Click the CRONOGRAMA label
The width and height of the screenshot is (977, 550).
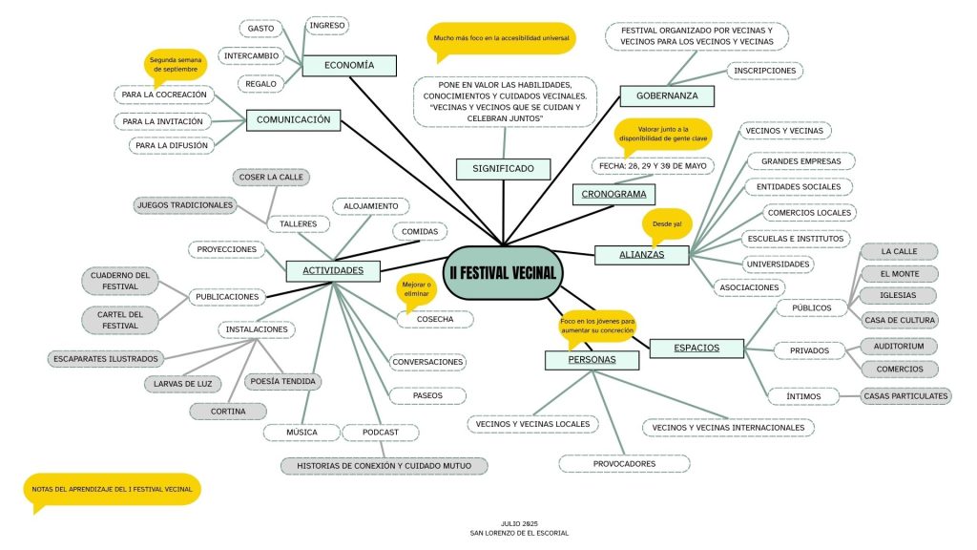614,195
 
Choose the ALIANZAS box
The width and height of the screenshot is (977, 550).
641,255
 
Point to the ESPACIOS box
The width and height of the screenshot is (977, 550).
696,348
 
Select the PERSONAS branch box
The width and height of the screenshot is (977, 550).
592,360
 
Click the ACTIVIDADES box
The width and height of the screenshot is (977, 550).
333,271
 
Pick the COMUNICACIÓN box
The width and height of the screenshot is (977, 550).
293,120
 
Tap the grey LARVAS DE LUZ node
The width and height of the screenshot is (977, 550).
182,384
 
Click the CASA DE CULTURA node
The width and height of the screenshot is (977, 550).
900,320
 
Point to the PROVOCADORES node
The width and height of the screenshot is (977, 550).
624,464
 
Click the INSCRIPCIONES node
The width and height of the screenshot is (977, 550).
764,71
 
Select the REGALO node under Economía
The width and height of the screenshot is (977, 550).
260,84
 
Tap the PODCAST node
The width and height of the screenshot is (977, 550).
381,433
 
